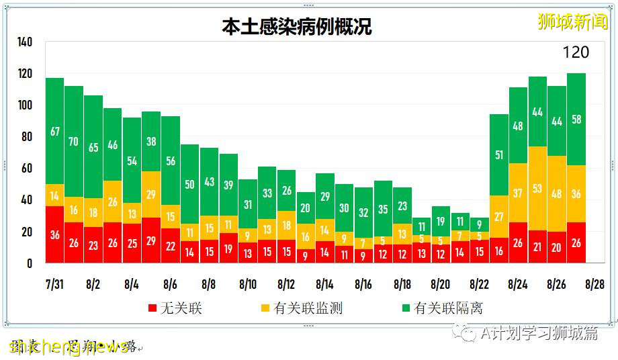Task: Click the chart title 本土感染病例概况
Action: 296,26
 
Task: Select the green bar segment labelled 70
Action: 74,142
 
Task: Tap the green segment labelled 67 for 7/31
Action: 54,131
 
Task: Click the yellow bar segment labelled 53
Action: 537,189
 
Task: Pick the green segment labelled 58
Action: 576,119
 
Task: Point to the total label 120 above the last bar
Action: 575,52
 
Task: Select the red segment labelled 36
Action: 54,235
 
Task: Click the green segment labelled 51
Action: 498,155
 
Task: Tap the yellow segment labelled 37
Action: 518,193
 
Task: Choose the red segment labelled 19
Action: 228,249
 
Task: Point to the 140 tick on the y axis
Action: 24,42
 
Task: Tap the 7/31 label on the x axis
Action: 54,284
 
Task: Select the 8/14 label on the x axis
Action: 324,284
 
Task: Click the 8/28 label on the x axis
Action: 594,284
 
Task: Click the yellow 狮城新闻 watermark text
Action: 572,21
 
